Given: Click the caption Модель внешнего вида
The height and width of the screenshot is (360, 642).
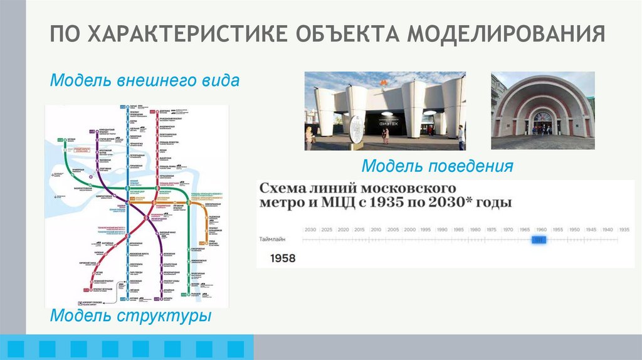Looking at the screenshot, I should [144, 81].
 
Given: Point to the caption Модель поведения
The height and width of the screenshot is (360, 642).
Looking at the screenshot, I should [437, 166].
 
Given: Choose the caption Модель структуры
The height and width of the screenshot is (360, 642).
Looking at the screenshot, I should [130, 315].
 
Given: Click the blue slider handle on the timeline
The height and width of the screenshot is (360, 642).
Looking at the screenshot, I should [539, 240].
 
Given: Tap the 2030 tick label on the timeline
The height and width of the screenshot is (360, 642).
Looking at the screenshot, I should [310, 230].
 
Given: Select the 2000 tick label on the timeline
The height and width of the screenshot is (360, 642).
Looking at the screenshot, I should [409, 230].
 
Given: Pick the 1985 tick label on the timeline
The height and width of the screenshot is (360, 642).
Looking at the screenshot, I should [458, 230].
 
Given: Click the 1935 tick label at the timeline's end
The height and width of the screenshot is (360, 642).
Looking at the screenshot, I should [623, 230].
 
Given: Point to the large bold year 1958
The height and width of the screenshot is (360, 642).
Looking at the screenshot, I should [283, 258].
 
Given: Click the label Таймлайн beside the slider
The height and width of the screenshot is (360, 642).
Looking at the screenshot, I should [272, 240].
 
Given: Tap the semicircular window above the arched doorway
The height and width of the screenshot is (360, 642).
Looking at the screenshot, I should [542, 116].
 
